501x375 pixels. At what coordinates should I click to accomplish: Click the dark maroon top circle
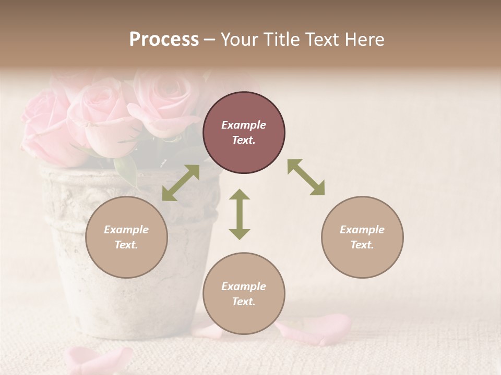(x=244, y=133)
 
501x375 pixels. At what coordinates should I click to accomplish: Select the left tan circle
(x=126, y=237)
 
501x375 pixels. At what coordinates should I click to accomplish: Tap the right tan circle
(x=362, y=237)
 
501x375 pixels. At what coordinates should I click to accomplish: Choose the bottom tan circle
(x=244, y=293)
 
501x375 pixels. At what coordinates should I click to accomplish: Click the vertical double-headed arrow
(x=240, y=214)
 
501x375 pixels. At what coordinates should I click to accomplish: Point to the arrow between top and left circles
(x=181, y=183)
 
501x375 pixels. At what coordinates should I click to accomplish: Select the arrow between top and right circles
(x=306, y=177)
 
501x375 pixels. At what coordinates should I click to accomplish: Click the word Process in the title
(x=164, y=39)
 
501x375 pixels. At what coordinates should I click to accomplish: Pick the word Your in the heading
(x=240, y=39)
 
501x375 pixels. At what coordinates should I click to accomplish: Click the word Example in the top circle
(x=244, y=125)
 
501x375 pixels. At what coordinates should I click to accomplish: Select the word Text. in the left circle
(x=126, y=245)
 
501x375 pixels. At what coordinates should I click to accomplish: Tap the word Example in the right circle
(x=362, y=230)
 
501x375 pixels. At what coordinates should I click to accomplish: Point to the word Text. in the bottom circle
(x=244, y=302)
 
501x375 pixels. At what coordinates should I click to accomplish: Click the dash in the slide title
(x=210, y=40)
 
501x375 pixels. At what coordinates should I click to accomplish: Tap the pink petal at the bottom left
(x=97, y=359)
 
